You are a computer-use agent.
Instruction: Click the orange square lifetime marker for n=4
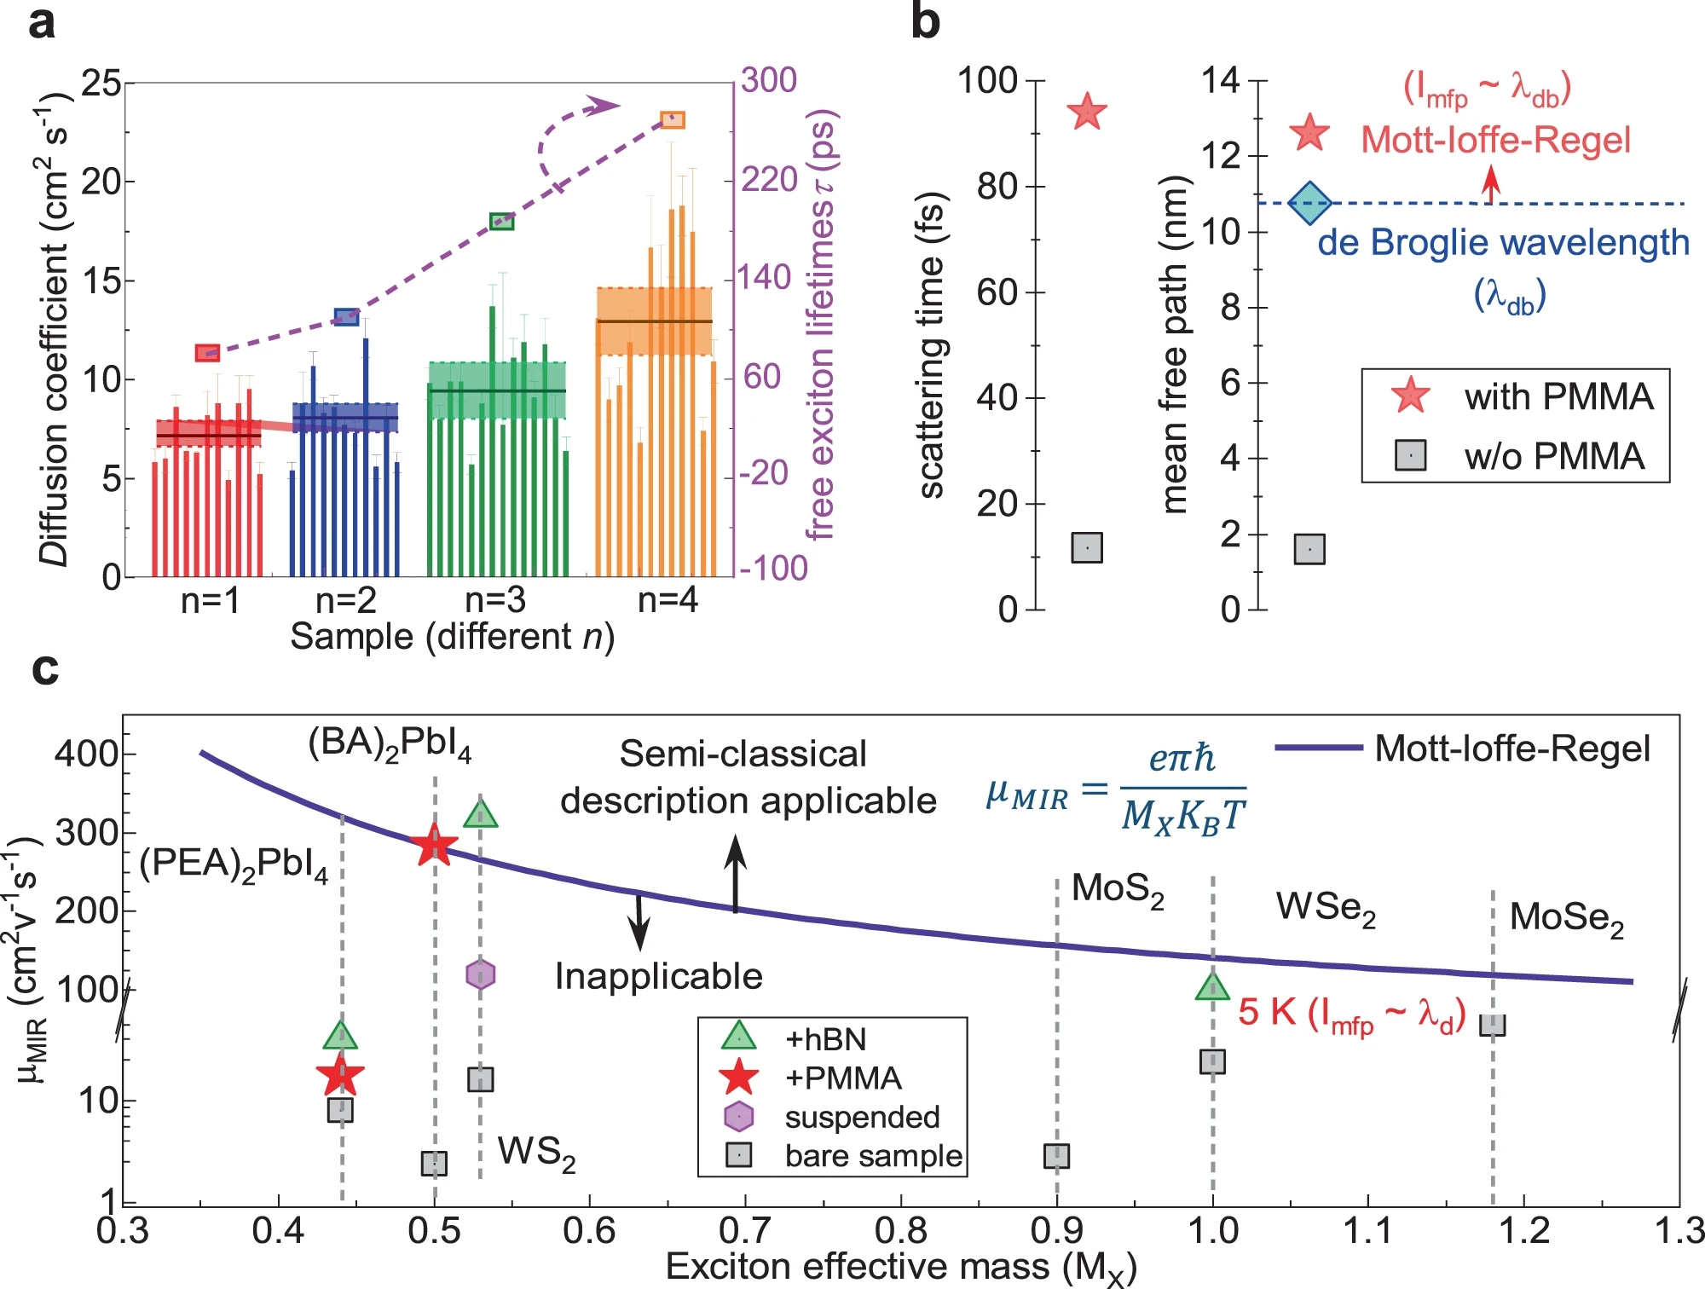[x=673, y=119]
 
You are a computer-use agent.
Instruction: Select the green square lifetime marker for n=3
[x=501, y=223]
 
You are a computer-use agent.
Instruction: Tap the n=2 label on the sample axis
[x=345, y=601]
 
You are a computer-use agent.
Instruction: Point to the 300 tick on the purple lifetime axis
[x=768, y=80]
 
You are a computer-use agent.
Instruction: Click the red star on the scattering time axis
[x=1087, y=112]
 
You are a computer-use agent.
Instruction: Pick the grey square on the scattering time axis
[x=1087, y=547]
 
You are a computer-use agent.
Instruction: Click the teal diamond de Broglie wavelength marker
[x=1309, y=203]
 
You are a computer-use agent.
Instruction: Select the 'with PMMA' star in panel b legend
[x=1411, y=396]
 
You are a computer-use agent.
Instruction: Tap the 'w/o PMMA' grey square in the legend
[x=1411, y=455]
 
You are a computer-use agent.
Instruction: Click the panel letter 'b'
[x=925, y=22]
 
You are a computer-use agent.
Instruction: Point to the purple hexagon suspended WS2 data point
[x=481, y=974]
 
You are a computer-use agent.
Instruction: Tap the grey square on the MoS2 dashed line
[x=1057, y=1156]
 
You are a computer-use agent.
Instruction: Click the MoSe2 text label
[x=1566, y=918]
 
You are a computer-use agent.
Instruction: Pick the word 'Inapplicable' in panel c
[x=658, y=976]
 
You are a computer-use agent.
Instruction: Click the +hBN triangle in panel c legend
[x=738, y=1036]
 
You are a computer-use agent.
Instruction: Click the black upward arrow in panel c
[x=736, y=874]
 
